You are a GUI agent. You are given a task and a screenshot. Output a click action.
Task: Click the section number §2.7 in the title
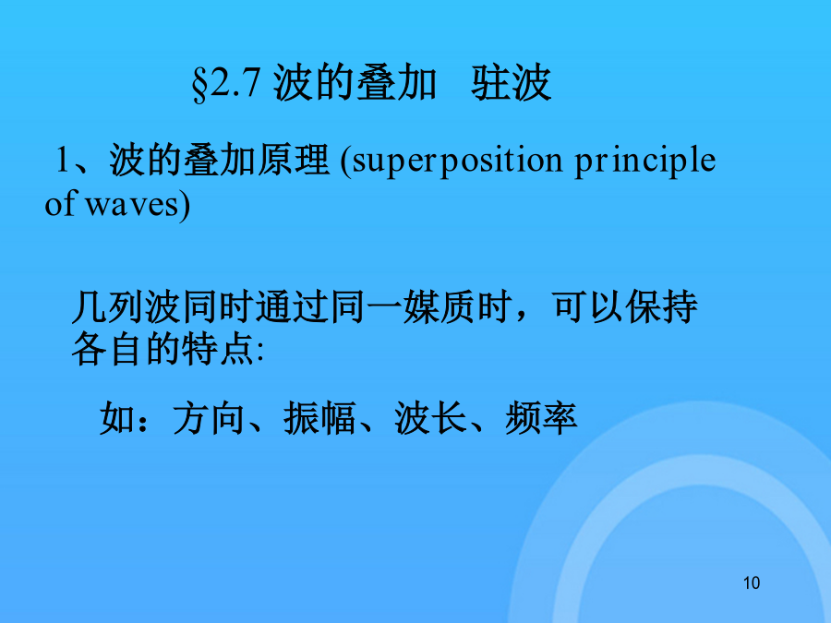(x=225, y=84)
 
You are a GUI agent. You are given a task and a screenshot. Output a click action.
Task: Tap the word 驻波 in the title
(x=512, y=83)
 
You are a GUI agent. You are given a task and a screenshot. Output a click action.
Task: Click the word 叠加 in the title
(x=396, y=83)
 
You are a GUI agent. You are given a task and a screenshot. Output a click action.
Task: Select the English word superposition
(x=457, y=161)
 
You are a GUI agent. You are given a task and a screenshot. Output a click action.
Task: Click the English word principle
(x=645, y=161)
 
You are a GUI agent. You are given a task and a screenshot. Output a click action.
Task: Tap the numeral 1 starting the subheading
(x=62, y=160)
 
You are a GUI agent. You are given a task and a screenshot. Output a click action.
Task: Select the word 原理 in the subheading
(x=293, y=160)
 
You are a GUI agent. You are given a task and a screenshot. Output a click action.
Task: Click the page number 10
(x=752, y=582)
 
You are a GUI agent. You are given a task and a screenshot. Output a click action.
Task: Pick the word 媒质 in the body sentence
(x=439, y=306)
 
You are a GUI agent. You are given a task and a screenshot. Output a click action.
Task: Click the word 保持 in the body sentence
(x=661, y=306)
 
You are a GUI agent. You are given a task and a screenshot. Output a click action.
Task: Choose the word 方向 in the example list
(x=209, y=418)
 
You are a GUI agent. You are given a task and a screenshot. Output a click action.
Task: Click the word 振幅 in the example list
(x=319, y=418)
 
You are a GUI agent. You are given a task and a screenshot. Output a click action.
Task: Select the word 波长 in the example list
(x=430, y=418)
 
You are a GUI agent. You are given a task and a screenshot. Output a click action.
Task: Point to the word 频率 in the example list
(x=541, y=418)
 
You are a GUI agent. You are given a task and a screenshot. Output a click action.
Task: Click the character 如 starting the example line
(x=116, y=418)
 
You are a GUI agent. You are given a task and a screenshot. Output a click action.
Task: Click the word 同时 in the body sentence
(x=217, y=306)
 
